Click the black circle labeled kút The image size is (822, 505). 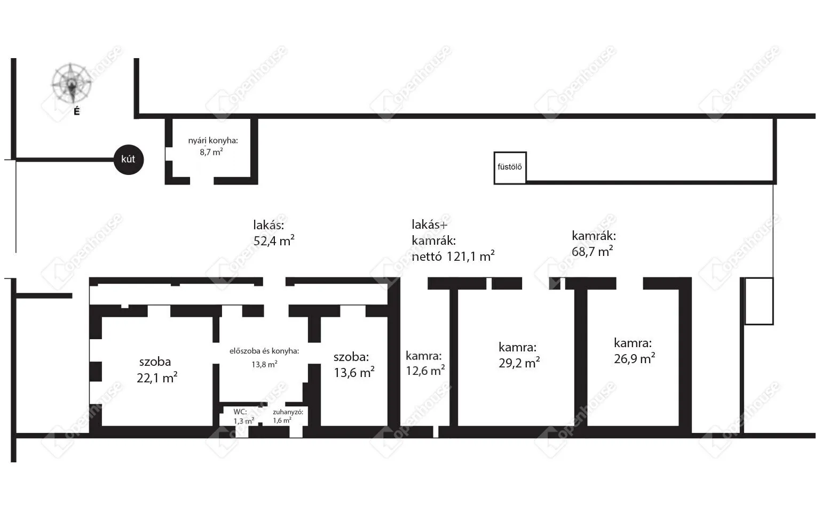[129, 159]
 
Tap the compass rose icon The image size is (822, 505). [71, 83]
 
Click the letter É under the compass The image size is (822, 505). [77, 111]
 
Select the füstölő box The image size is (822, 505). [510, 167]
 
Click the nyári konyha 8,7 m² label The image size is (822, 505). [213, 146]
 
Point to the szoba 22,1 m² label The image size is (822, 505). [157, 370]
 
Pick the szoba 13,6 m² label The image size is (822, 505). [354, 365]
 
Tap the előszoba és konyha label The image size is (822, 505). [264, 351]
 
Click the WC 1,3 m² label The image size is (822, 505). [243, 416]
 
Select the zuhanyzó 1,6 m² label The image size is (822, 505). [288, 416]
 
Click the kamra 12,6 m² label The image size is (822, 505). [425, 363]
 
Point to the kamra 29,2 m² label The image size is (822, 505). [519, 355]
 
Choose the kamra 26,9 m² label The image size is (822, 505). [635, 350]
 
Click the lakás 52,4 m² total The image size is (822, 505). [274, 233]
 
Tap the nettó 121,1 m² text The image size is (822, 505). [453, 256]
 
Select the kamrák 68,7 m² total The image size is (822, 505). [594, 244]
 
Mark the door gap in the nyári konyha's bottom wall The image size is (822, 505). [202, 181]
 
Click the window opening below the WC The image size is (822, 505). [242, 431]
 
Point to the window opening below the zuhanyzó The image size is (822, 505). [296, 431]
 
